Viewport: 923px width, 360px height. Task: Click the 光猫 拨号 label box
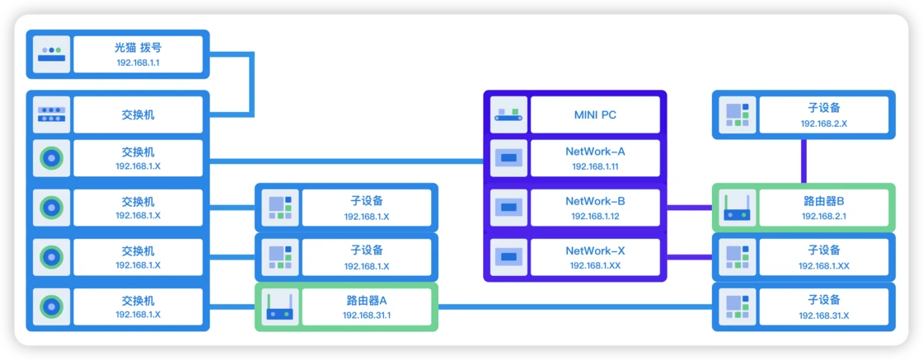pyautogui.click(x=138, y=54)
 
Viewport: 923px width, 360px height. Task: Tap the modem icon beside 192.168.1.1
pyautogui.click(x=51, y=54)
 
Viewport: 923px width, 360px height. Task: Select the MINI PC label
pyautogui.click(x=595, y=115)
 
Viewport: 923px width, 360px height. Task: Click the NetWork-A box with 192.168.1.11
pyautogui.click(x=595, y=158)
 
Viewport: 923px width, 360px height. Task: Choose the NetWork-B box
pyautogui.click(x=595, y=208)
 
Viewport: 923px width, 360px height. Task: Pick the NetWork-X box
pyautogui.click(x=595, y=257)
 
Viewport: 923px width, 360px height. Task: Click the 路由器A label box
pyautogui.click(x=367, y=307)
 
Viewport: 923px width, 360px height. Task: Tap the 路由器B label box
pyautogui.click(x=824, y=208)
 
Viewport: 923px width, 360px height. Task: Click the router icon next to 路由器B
pyautogui.click(x=737, y=208)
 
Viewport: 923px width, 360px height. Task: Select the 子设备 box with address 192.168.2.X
pyautogui.click(x=824, y=115)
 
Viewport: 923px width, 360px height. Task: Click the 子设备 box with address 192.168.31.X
pyautogui.click(x=824, y=307)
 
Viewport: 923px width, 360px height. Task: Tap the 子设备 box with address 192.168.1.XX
pyautogui.click(x=824, y=257)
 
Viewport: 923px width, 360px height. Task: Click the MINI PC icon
pyautogui.click(x=508, y=115)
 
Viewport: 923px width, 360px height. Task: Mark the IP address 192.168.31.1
pyautogui.click(x=367, y=316)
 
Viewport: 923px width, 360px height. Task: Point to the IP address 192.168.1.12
pyautogui.click(x=595, y=216)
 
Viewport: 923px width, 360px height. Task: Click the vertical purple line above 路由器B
pyautogui.click(x=804, y=161)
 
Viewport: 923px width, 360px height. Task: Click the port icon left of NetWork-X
pyautogui.click(x=508, y=257)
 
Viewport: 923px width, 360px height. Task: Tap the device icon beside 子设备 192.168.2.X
pyautogui.click(x=737, y=115)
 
